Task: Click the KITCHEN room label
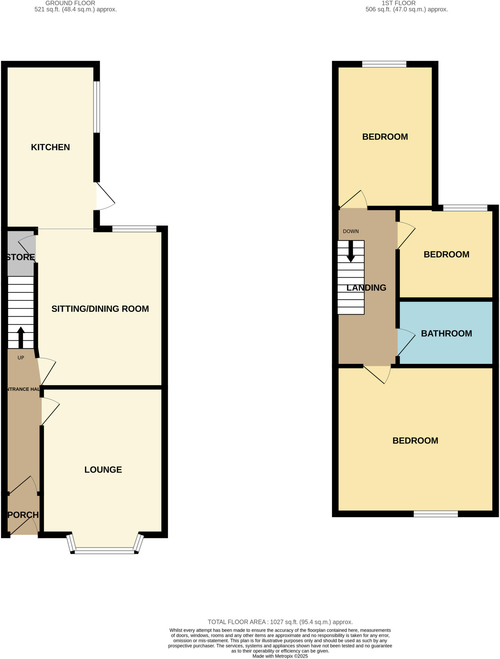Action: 50,147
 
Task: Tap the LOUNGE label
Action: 103,469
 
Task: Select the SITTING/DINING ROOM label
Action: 100,309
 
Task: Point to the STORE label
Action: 21,257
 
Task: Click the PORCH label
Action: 23,515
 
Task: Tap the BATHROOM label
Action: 446,333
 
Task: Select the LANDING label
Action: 366,288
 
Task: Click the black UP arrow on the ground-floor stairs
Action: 21,337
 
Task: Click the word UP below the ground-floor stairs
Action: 21,357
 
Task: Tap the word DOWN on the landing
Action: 351,231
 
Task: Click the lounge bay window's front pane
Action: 104,552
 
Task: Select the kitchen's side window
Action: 97,107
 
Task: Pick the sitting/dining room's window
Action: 134,229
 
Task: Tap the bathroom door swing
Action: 406,342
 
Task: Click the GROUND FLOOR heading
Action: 70,3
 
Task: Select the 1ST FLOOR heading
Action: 398,3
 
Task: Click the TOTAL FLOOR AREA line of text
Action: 280,622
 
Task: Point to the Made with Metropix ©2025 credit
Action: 280,656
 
